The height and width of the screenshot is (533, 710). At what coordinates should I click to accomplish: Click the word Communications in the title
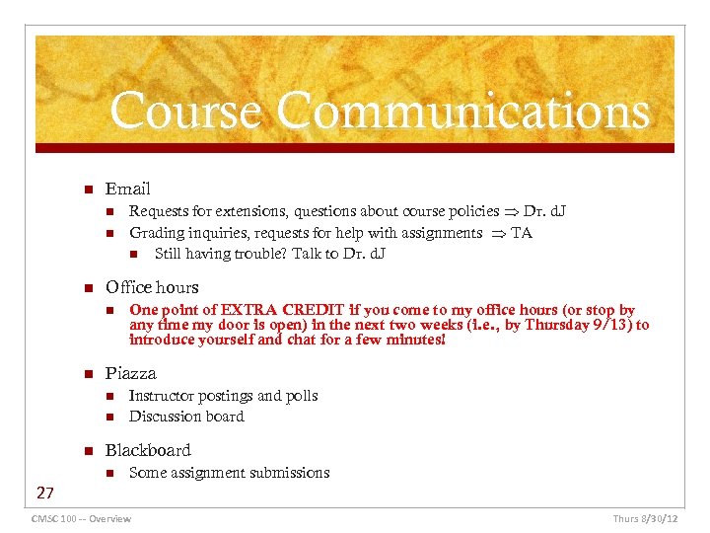463,112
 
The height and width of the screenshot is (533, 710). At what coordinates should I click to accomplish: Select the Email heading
128,189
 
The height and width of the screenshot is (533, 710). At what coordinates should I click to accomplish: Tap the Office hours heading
152,287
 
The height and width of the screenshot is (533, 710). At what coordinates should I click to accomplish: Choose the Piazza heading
131,373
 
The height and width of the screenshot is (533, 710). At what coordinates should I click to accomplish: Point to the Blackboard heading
148,450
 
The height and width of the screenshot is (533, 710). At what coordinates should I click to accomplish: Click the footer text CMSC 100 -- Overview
81,519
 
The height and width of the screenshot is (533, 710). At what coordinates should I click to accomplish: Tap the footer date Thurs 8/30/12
646,519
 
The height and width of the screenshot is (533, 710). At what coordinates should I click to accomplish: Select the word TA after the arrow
522,233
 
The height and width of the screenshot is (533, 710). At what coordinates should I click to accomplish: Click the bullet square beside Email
87,190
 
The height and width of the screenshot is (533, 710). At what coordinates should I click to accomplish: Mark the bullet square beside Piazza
87,374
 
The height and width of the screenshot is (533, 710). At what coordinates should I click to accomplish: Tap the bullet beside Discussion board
110,418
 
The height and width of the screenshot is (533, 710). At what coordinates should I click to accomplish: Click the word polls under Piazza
301,396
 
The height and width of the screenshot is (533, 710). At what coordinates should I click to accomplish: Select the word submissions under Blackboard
286,473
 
